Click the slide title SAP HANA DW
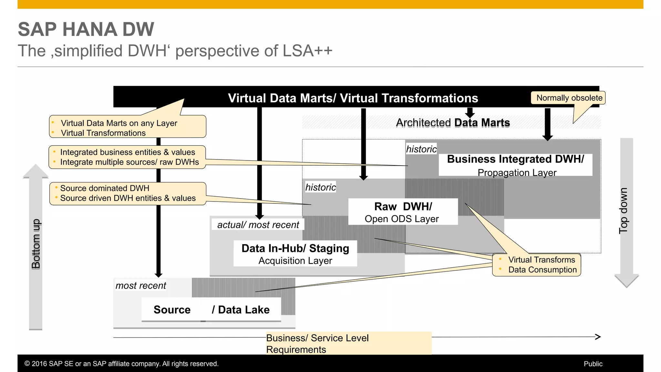(86, 29)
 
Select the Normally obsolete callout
(569, 98)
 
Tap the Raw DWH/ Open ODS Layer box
(403, 212)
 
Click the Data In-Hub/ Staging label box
(295, 253)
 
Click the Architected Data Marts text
(453, 123)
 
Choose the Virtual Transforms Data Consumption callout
(537, 265)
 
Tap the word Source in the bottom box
(172, 310)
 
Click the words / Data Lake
(240, 310)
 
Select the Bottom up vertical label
(36, 244)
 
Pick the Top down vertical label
(623, 211)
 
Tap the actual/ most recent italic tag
(258, 225)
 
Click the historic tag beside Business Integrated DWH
(421, 149)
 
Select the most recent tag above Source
(141, 285)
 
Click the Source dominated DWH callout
(127, 193)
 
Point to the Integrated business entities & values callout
(127, 157)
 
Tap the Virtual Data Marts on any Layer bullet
(119, 123)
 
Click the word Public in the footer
(593, 364)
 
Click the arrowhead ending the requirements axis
(598, 337)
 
